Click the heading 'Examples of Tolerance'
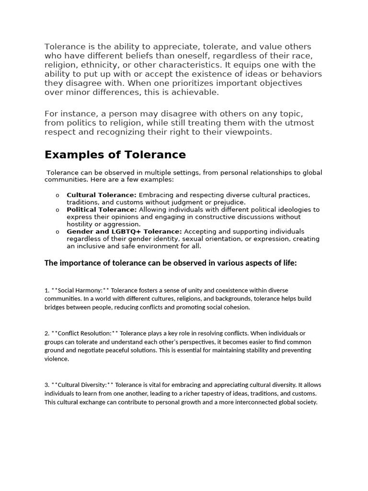pyautogui.click(x=115, y=155)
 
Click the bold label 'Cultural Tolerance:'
pyautogui.click(x=102, y=195)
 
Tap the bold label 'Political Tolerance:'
pyautogui.click(x=102, y=210)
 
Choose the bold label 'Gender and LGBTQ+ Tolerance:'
pyautogui.click(x=124, y=232)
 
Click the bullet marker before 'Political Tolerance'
pyautogui.click(x=57, y=210)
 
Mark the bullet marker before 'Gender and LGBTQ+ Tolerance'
pyautogui.click(x=57, y=232)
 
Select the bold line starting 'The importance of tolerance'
pyautogui.click(x=171, y=263)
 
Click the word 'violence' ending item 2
pyautogui.click(x=56, y=359)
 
